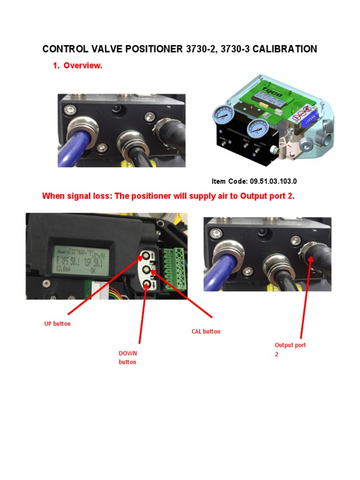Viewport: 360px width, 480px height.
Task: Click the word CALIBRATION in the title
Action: (285, 49)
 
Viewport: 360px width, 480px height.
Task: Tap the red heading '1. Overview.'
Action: (77, 66)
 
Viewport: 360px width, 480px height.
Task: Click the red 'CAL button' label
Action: (205, 331)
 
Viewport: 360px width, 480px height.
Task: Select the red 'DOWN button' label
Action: (127, 357)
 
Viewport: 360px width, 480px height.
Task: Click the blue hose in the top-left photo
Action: (75, 149)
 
